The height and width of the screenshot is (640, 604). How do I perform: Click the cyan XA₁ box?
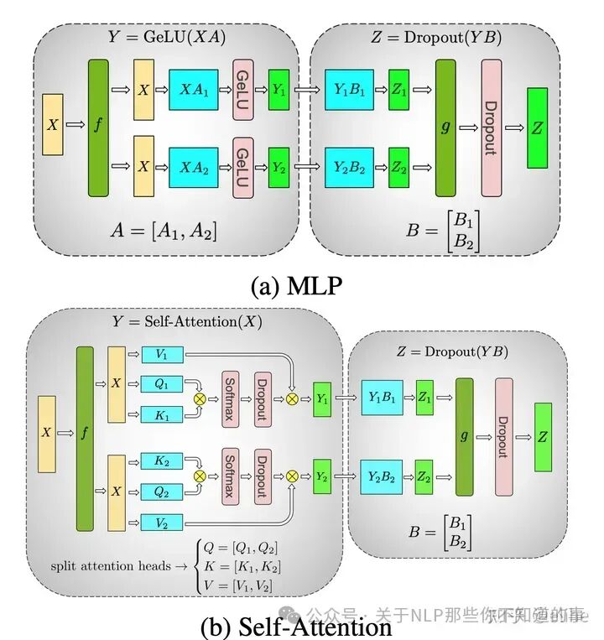point(194,90)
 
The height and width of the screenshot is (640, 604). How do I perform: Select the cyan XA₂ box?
point(194,168)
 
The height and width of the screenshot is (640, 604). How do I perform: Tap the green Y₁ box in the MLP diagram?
point(279,90)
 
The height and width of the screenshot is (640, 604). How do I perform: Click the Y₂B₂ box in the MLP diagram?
point(349,168)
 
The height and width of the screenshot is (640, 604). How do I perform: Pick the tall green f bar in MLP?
point(98,127)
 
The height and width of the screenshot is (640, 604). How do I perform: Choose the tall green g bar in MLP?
point(445,127)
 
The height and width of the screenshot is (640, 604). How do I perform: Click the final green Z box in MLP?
point(537,127)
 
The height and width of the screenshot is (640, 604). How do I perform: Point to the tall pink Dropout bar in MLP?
point(492,127)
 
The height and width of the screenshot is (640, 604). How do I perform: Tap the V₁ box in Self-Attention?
point(163,354)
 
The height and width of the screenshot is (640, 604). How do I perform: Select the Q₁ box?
point(162,383)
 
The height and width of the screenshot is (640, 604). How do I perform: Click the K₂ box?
point(162,461)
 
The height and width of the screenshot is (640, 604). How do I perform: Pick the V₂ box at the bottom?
point(162,523)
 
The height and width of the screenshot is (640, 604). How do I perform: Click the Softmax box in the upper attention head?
point(230,399)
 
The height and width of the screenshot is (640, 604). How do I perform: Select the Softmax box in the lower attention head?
point(230,476)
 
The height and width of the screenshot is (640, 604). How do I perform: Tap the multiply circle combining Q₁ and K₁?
point(200,398)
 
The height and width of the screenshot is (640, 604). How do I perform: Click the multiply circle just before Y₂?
point(292,476)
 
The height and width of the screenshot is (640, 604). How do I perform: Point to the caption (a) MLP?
point(296,286)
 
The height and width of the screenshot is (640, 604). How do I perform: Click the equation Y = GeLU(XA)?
point(166,37)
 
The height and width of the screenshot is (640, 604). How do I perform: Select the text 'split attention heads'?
point(111,565)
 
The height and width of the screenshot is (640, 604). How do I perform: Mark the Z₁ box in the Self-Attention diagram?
point(424,398)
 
